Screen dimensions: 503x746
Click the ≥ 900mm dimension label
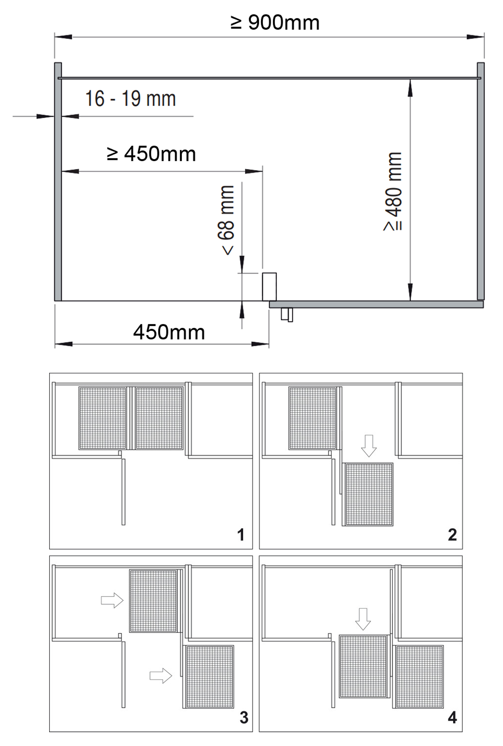[275, 22]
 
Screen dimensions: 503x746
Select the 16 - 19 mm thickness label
[130, 99]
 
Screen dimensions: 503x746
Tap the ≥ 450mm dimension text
[151, 154]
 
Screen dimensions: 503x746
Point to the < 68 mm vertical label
[227, 220]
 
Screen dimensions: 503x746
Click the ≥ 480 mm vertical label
[393, 191]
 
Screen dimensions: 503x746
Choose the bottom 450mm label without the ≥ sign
[169, 332]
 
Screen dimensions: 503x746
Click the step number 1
[241, 535]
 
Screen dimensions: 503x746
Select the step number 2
[452, 535]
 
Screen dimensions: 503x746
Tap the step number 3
[244, 718]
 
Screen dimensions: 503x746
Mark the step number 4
[452, 718]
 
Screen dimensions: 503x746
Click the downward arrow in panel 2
[369, 446]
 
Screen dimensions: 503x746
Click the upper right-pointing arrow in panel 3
[112, 600]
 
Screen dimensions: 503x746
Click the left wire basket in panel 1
[103, 418]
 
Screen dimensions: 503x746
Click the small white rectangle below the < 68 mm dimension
[269, 287]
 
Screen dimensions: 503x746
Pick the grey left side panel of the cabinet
[58, 181]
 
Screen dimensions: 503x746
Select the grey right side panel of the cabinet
[481, 181]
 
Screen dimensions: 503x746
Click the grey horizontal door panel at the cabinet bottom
[376, 304]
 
